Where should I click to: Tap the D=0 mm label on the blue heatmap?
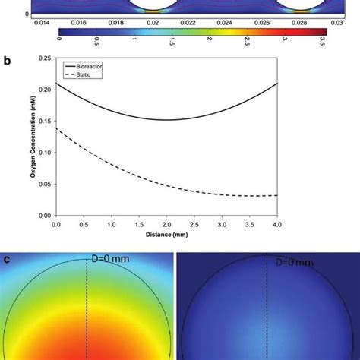click(285, 262)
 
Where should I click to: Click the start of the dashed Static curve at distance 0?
click(56, 129)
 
